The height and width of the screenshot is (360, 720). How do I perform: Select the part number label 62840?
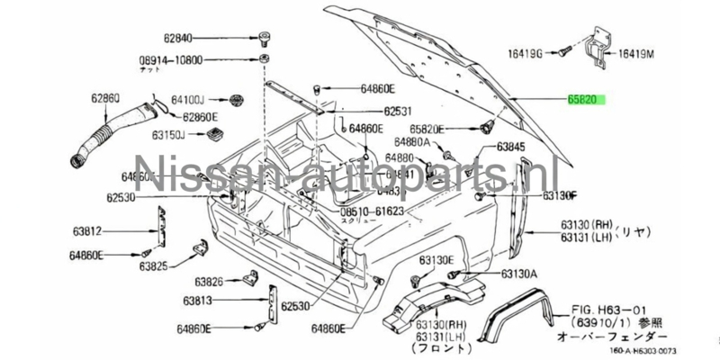[x=179, y=39]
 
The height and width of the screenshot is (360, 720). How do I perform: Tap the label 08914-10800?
[x=171, y=60]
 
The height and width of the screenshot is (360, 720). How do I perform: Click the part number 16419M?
[x=638, y=53]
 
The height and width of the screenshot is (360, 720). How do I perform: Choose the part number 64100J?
[x=188, y=99]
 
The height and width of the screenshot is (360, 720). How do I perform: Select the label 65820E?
[x=419, y=129]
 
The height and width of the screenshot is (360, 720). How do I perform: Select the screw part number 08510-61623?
[x=373, y=210]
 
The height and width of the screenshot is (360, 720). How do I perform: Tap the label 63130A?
[x=519, y=274]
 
